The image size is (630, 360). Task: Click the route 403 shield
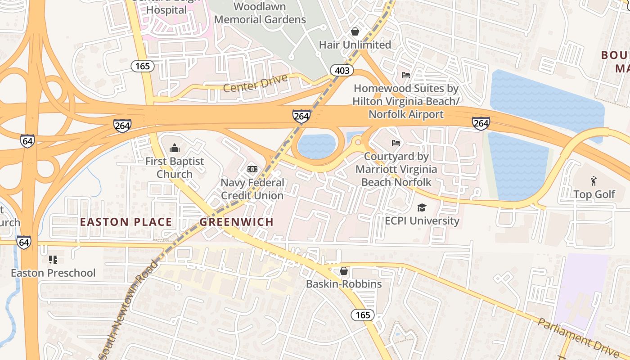(342, 70)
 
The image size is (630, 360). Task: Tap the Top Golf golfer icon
(594, 181)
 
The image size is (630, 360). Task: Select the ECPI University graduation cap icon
(422, 207)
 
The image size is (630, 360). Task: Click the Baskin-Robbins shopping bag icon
(344, 271)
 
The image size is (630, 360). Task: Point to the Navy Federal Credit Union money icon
(252, 169)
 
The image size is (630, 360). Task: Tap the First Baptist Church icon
(174, 148)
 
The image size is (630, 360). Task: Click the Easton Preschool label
(53, 273)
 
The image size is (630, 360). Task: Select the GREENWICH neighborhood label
(237, 222)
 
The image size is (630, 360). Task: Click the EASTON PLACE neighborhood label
(126, 222)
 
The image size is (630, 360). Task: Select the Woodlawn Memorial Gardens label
(260, 13)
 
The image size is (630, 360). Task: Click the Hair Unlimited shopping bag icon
(355, 31)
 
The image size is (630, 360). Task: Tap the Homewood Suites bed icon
(406, 75)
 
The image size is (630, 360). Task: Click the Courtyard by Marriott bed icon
(396, 143)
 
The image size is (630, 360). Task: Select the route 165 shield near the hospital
(143, 66)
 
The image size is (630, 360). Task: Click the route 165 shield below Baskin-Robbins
(363, 315)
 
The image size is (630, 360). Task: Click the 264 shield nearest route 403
(301, 116)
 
